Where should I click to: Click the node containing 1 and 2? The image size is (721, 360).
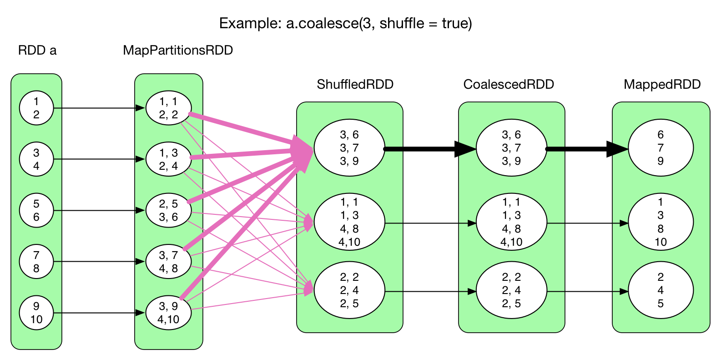pyautogui.click(x=36, y=108)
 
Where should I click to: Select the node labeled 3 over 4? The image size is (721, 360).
pyautogui.click(x=36, y=159)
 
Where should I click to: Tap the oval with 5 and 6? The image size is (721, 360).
pyautogui.click(x=36, y=210)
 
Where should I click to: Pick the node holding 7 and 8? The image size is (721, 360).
pyautogui.click(x=36, y=262)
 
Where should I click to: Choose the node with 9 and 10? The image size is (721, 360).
pyautogui.click(x=36, y=313)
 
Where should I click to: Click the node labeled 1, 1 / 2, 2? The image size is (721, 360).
pyautogui.click(x=168, y=108)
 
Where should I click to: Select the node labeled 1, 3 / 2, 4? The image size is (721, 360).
pyautogui.click(x=168, y=159)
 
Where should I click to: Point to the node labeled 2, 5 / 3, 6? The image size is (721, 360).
pyautogui.click(x=168, y=210)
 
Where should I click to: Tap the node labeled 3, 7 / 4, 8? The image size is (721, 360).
pyautogui.click(x=168, y=262)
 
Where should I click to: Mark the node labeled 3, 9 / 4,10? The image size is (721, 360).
pyautogui.click(x=168, y=313)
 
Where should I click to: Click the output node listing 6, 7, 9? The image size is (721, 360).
pyautogui.click(x=660, y=148)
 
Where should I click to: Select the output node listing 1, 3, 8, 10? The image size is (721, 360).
pyautogui.click(x=660, y=223)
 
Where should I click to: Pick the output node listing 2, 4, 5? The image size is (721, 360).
pyautogui.click(x=660, y=290)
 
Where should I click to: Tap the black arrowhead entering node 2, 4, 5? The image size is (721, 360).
pyautogui.click(x=624, y=291)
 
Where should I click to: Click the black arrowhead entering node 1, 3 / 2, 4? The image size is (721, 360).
pyautogui.click(x=141, y=159)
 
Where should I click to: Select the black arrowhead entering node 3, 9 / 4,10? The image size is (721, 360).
pyautogui.click(x=141, y=313)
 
